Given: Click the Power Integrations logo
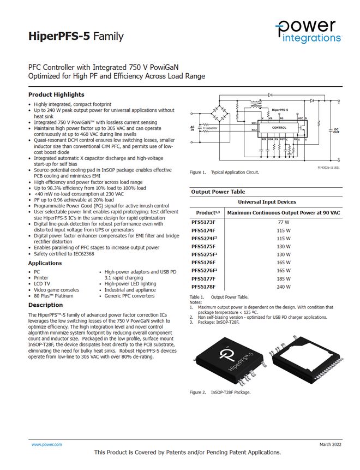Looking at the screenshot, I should [x=309, y=31].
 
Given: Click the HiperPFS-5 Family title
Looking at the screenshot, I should [x=76, y=37].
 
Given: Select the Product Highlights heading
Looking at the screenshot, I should [x=56, y=94].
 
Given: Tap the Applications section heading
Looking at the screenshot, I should [x=45, y=263].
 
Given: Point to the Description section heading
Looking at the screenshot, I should [x=45, y=305].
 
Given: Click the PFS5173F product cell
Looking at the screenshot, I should [x=203, y=222].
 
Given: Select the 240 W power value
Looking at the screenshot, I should [x=283, y=287].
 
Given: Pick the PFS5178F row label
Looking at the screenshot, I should [x=203, y=287].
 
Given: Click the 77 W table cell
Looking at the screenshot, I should [x=283, y=222].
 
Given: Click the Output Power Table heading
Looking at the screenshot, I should [x=218, y=192].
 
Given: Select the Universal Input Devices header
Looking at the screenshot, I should [x=267, y=202].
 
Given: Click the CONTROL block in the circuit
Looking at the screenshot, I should [x=279, y=128].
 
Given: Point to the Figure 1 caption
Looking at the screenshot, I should [x=224, y=172].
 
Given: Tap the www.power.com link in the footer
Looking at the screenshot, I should [x=46, y=445].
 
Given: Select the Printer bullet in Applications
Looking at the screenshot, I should [x=41, y=278].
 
